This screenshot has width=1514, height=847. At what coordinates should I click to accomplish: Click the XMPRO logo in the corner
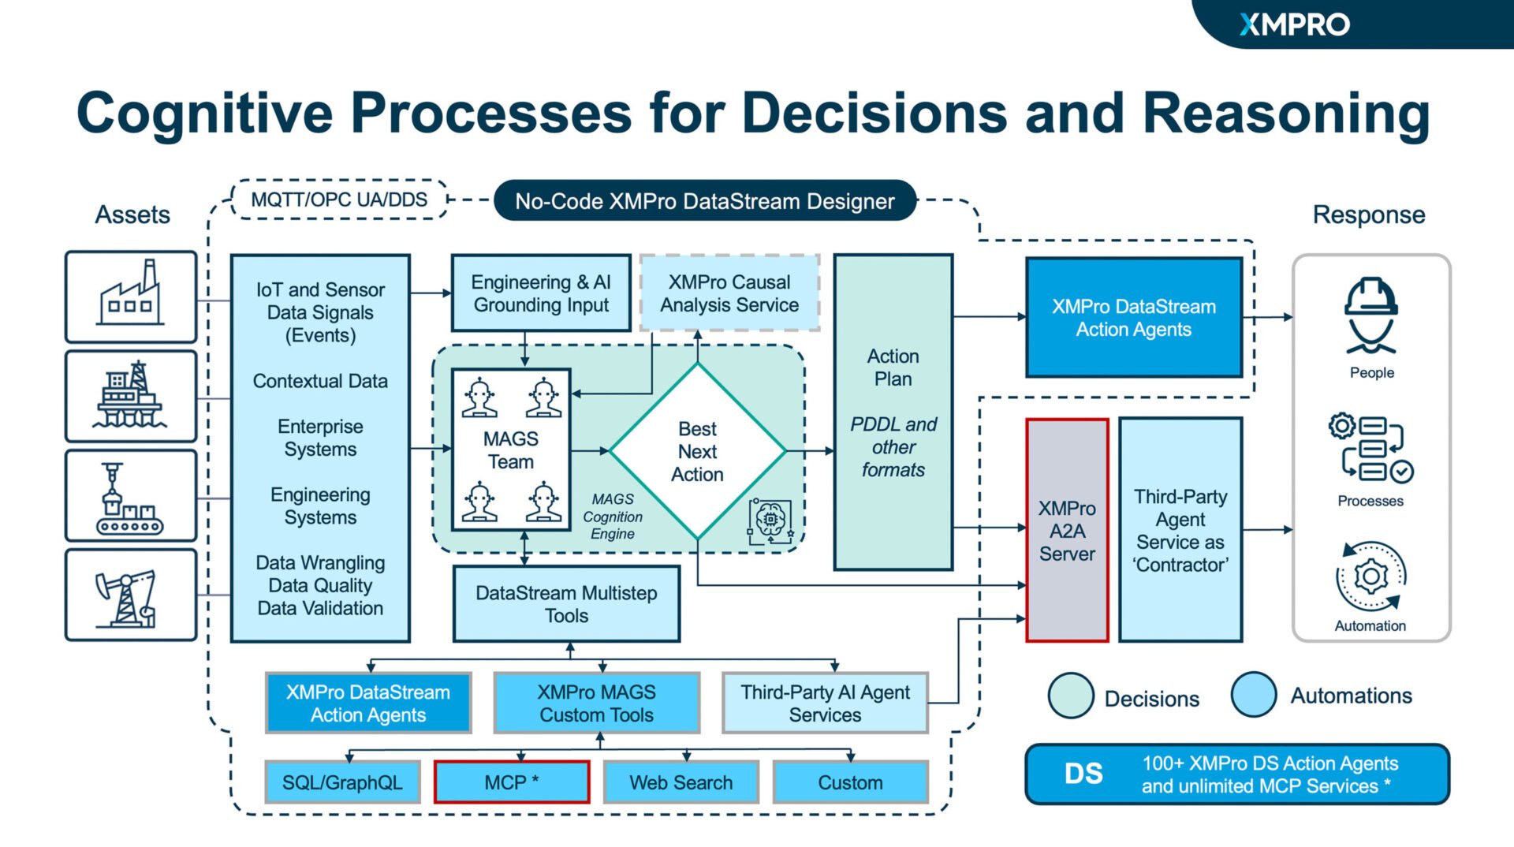[x=1294, y=24]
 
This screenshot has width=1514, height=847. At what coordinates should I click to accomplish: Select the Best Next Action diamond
[x=698, y=451]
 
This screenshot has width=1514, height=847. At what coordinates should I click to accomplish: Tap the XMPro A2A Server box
[x=1067, y=530]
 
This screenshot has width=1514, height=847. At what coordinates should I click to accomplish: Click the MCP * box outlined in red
[x=512, y=782]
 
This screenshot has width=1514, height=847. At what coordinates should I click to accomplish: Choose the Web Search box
[x=681, y=782]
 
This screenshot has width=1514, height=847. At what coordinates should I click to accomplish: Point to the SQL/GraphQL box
[x=342, y=782]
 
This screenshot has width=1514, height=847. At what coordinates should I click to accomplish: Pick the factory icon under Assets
[x=131, y=297]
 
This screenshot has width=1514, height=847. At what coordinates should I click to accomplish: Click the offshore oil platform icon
[x=131, y=396]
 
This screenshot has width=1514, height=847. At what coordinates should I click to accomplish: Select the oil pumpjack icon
[x=131, y=595]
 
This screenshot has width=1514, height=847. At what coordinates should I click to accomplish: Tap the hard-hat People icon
[x=1371, y=315]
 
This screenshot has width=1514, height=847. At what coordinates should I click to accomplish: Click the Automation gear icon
[x=1371, y=576]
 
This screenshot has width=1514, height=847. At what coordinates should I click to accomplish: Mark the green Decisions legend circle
[x=1071, y=696]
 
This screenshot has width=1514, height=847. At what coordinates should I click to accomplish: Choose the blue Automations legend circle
[x=1254, y=695]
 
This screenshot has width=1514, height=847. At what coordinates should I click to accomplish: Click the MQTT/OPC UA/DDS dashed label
[x=339, y=200]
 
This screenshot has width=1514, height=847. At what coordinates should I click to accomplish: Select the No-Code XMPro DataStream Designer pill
[x=705, y=201]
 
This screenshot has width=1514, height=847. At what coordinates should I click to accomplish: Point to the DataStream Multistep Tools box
[x=566, y=604]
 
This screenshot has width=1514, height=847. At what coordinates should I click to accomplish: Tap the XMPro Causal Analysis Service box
[x=729, y=293]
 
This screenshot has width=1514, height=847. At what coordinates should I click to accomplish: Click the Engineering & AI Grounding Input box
[x=541, y=293]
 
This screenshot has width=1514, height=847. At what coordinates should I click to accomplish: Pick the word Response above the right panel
[x=1368, y=215]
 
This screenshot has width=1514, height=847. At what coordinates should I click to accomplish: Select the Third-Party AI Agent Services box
[x=825, y=703]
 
